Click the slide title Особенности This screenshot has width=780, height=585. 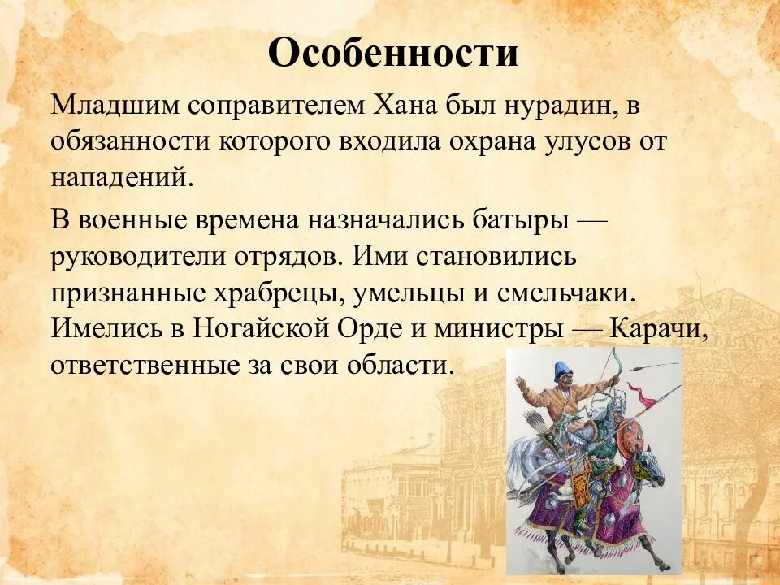pyautogui.click(x=392, y=54)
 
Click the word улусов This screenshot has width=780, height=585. pyautogui.click(x=588, y=142)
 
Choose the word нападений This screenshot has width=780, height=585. pyautogui.click(x=122, y=178)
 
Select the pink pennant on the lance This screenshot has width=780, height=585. pyautogui.click(x=646, y=398)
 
